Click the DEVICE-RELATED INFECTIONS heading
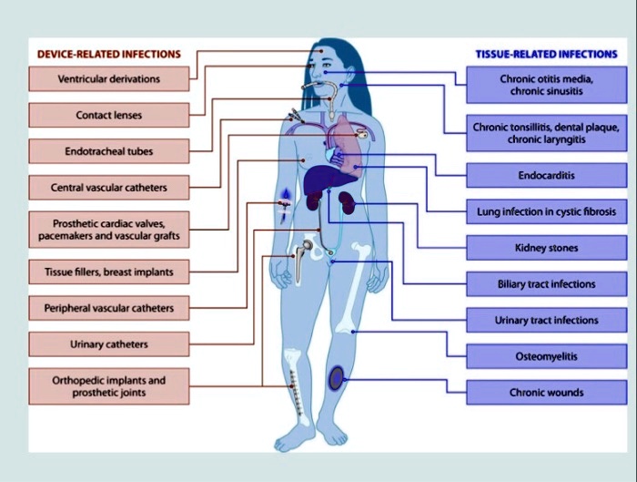(x=108, y=54)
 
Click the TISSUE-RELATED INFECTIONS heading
(x=546, y=54)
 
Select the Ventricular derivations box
(x=108, y=79)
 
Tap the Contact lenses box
(x=108, y=116)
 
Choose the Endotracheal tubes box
(x=108, y=151)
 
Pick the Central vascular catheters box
(x=108, y=188)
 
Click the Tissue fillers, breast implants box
(x=108, y=272)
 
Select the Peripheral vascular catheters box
(x=108, y=308)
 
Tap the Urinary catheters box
(x=108, y=344)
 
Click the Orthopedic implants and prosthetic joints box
(x=108, y=385)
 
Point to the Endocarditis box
(x=546, y=174)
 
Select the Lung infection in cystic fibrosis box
(x=546, y=211)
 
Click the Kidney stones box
(x=546, y=248)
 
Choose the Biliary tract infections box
(x=546, y=284)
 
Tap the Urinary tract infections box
(x=546, y=321)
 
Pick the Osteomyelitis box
(x=546, y=357)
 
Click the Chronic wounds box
(x=546, y=394)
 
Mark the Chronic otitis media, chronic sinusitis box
(x=546, y=85)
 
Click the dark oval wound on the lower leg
(x=338, y=376)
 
